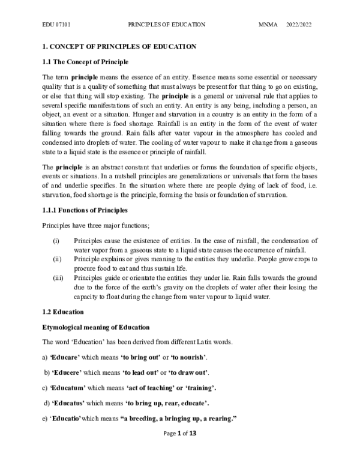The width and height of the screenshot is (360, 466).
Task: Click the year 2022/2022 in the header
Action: pos(299,25)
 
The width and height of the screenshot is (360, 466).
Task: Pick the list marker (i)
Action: pos(56,241)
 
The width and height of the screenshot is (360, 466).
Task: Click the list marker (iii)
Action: pos(57,278)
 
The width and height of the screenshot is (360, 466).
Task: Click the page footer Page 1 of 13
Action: pos(179,451)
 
